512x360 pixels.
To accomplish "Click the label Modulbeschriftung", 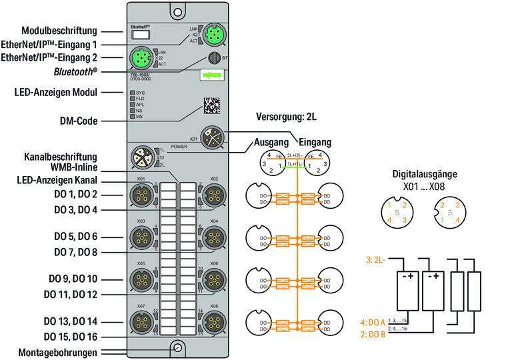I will (x=59, y=31).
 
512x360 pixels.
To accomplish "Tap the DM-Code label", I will (x=77, y=121).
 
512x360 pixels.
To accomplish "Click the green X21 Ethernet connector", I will (x=214, y=33).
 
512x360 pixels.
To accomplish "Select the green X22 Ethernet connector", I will (x=141, y=57).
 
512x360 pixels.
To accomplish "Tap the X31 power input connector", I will (x=213, y=139).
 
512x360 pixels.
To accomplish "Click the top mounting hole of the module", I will (x=177, y=11).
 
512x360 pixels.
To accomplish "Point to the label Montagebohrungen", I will (x=57, y=353).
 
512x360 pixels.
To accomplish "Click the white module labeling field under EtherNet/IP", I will (x=141, y=35).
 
